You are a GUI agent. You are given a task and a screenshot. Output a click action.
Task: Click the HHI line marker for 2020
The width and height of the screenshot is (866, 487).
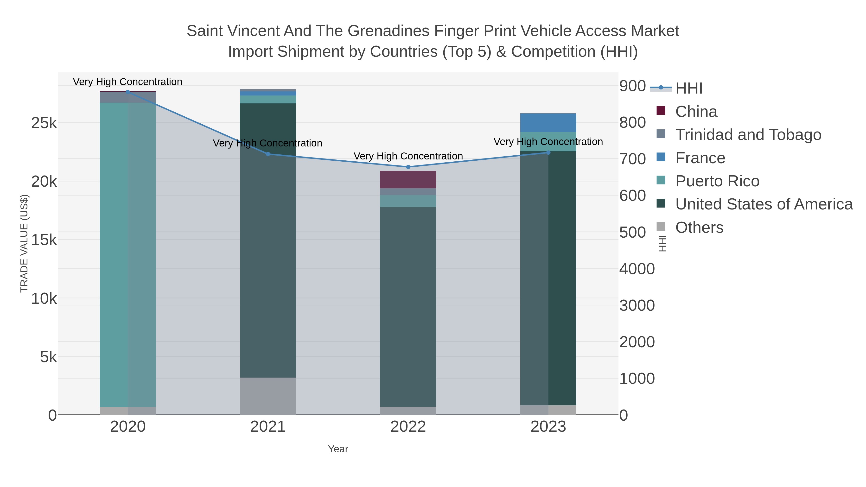(128, 92)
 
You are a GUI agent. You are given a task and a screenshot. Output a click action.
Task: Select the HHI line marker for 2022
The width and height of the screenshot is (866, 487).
(408, 167)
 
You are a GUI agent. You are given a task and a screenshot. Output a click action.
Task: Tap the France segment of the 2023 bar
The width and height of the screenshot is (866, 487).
(548, 123)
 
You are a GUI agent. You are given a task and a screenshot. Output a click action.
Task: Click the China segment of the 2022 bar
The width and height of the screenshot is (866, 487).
(408, 179)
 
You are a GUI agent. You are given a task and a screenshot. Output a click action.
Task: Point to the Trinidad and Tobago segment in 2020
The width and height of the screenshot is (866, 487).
(128, 97)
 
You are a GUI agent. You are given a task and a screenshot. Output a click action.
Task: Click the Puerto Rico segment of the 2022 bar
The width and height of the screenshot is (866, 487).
(408, 201)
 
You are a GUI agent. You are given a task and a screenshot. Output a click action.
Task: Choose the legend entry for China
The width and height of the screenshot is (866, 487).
(696, 112)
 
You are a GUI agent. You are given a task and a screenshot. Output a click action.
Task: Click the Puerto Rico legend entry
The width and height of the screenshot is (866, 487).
(717, 181)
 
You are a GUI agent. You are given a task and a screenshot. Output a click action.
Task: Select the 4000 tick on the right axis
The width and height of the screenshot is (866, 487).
(637, 269)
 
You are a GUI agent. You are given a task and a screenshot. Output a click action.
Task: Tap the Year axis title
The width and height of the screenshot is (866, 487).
(338, 449)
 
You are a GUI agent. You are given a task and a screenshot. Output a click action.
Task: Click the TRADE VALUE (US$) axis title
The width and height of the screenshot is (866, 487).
(24, 243)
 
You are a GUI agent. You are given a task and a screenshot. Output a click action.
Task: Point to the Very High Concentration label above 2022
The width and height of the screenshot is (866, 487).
(408, 156)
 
